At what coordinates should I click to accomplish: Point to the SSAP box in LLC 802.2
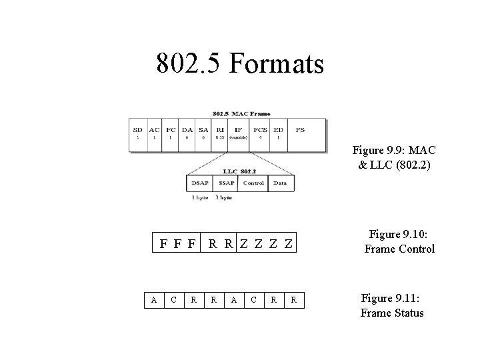point(226,183)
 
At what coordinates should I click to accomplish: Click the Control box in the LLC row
point(253,183)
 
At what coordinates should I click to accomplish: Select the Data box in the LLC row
point(279,183)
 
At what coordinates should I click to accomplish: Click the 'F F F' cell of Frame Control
point(177,243)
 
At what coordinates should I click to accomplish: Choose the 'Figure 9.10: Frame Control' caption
point(399,241)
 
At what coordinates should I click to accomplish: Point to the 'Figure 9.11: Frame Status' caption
point(392,306)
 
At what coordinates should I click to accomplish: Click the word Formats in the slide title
point(277,64)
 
